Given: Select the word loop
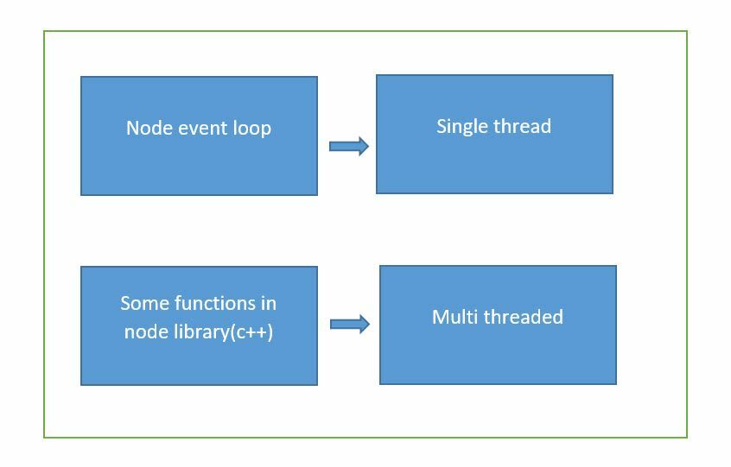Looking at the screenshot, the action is pos(252,129).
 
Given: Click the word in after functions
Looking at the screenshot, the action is pos(269,303).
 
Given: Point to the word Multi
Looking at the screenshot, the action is pos(454,317).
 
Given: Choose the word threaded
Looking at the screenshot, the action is pos(524,317).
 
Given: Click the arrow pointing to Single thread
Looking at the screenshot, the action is pos(349,146).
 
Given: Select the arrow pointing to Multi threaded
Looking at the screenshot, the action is pos(350,324).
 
